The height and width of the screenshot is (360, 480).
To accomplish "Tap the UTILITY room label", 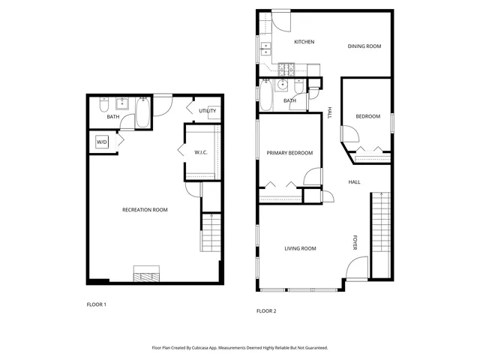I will tap(208, 111).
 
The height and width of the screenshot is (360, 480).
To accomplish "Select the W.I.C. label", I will tap(201, 153).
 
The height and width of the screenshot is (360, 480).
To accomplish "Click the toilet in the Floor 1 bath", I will tap(106, 104).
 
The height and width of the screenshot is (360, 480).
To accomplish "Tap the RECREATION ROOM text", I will tap(145, 210).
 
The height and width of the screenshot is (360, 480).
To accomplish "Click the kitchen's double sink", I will tap(265, 51).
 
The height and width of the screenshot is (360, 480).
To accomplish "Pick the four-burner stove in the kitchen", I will tap(286, 69).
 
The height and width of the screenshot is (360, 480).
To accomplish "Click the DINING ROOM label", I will tap(364, 46).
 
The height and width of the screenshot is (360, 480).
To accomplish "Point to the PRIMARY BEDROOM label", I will tap(289, 153).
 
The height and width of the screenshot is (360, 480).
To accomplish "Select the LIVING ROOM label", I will tap(300, 248).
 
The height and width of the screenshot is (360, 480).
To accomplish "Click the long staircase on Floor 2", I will tap(381, 232).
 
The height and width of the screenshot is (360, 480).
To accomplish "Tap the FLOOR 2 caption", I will tap(267, 310).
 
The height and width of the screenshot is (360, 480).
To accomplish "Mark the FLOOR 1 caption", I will tap(97, 304).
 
